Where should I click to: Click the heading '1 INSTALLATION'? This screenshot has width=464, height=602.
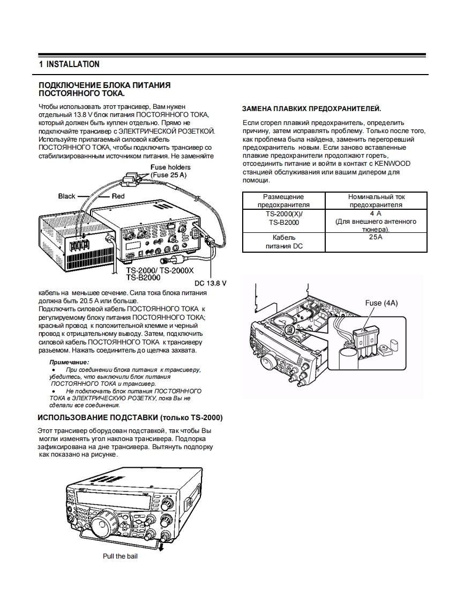(x=69, y=64)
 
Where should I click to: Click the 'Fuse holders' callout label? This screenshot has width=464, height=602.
(x=170, y=167)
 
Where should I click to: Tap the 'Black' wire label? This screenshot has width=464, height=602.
(x=66, y=196)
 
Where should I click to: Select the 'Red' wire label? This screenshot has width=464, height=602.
(x=118, y=196)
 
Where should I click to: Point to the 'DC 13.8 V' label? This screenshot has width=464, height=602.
(x=210, y=283)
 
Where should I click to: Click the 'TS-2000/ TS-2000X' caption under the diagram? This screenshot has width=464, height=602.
(x=160, y=270)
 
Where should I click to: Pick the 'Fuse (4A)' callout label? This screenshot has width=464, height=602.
(x=381, y=303)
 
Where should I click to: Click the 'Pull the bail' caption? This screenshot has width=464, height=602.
(x=120, y=556)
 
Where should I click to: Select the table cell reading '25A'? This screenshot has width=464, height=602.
(x=376, y=237)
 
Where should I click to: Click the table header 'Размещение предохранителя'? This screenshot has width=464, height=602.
(x=283, y=201)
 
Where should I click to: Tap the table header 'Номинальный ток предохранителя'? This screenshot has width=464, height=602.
(x=376, y=201)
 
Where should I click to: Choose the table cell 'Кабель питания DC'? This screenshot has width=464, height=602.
(x=283, y=241)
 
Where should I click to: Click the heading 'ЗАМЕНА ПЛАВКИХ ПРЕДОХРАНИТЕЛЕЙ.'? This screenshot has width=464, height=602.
(x=312, y=109)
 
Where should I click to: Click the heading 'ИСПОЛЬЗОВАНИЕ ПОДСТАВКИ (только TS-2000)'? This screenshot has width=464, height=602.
(x=130, y=417)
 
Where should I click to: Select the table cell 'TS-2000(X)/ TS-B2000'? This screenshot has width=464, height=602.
(x=283, y=218)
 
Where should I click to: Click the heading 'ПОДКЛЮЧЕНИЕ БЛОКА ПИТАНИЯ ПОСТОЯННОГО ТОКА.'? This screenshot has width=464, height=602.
(x=104, y=89)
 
